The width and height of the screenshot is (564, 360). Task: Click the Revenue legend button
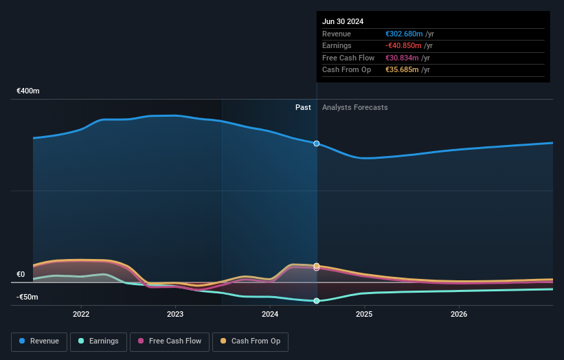point(39,341)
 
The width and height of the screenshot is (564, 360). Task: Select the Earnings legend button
point(98,341)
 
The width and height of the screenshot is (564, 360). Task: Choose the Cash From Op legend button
point(251,341)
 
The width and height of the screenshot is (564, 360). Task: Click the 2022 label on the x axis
point(81,315)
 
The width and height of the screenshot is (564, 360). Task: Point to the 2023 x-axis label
point(175,315)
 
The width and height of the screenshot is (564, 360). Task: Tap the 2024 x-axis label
point(270,315)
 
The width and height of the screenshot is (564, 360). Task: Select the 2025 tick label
point(364,315)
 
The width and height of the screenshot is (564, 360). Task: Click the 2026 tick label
point(459,315)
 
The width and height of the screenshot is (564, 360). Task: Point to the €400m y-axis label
point(28,91)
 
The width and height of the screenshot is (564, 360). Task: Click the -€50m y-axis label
point(27,297)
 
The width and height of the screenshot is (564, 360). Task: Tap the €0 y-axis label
point(21,275)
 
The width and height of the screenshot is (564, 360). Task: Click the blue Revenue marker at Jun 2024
point(317,144)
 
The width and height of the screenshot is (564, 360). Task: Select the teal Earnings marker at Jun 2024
point(317,301)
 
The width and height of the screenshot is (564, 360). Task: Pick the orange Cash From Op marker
point(317,265)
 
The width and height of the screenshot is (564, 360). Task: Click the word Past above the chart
point(303,108)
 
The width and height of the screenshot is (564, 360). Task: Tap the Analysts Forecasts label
point(354,108)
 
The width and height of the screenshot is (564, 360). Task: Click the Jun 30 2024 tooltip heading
point(343,21)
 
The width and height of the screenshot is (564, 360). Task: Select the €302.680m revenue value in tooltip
point(404,34)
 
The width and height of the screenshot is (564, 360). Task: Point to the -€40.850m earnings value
point(404,46)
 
